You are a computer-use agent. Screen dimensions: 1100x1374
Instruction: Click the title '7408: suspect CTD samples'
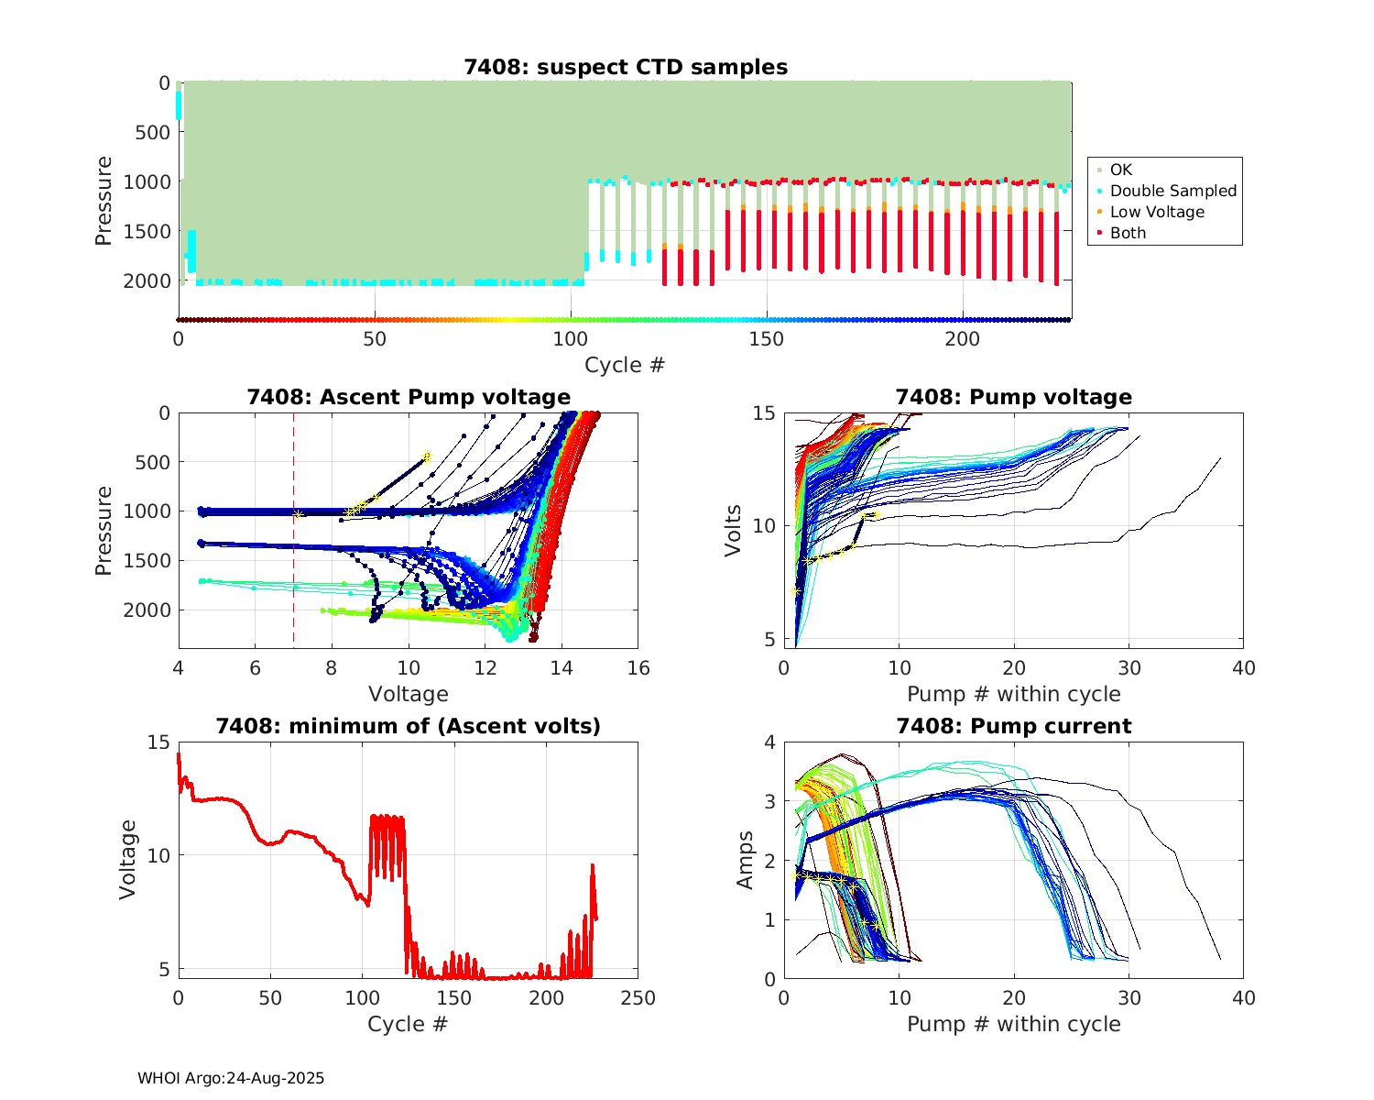[625, 67]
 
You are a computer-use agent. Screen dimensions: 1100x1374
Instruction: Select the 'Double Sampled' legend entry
[1172, 191]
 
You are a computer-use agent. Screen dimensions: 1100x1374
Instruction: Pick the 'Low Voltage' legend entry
[1156, 212]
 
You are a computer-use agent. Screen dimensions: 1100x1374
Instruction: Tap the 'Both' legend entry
[1128, 233]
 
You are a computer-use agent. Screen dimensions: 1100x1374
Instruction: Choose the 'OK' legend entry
[1120, 170]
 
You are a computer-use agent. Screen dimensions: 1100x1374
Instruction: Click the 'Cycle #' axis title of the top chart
[625, 365]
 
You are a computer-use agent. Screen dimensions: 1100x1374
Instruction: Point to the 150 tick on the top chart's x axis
[767, 339]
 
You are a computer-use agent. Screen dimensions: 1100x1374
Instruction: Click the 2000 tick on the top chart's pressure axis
[152, 280]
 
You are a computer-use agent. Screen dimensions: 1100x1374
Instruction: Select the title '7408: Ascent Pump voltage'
[409, 397]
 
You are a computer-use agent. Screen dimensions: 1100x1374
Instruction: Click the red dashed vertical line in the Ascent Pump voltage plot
[293, 568]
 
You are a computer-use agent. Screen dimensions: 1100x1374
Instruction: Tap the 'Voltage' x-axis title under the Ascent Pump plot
[409, 694]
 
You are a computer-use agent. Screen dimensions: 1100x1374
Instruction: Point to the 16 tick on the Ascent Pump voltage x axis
[638, 668]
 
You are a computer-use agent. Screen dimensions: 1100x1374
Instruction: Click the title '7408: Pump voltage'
[1013, 397]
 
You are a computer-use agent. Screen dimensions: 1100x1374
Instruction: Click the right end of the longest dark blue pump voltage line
[1220, 458]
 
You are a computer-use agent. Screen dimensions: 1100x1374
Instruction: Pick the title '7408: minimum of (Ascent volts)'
[409, 726]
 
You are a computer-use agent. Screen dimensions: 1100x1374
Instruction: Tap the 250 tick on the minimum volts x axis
[638, 997]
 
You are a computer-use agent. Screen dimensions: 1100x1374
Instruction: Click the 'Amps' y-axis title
[746, 859]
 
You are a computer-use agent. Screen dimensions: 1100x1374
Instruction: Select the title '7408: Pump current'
[1013, 726]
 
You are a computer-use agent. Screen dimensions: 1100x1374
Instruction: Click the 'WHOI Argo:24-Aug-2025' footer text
[231, 1078]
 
